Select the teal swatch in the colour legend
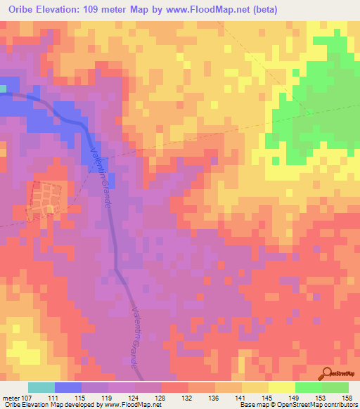[41, 387]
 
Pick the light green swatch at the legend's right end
[335, 387]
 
